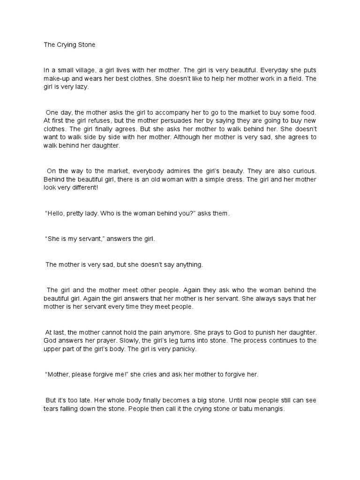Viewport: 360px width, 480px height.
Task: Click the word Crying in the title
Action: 65,45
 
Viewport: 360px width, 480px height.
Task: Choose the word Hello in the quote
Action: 56,213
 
